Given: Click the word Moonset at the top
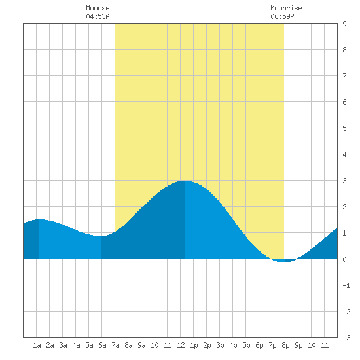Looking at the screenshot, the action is (x=99, y=8).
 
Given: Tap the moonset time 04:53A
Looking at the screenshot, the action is (x=98, y=16).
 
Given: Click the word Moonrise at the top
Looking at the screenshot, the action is (x=286, y=8).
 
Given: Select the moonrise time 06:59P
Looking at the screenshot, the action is (x=282, y=16).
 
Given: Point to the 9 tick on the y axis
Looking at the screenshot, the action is (x=344, y=24).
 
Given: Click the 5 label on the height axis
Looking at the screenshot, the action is (x=344, y=128).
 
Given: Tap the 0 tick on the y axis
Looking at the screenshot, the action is (x=344, y=259).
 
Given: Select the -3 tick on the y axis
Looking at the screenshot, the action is (x=346, y=338).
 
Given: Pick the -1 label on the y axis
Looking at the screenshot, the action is (x=346, y=285).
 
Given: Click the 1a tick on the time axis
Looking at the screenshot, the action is (x=37, y=345).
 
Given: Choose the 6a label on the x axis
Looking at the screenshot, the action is (x=102, y=345).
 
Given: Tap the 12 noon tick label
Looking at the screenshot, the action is (x=181, y=345).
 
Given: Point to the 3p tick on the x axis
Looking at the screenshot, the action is (x=220, y=345).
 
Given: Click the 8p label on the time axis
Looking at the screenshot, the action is (x=285, y=345).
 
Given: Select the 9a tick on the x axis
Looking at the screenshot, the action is (x=141, y=345).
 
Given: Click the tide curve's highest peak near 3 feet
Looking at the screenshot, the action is (x=185, y=181).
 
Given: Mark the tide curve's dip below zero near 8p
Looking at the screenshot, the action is (x=284, y=262).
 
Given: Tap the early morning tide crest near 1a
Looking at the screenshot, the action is (x=39, y=219).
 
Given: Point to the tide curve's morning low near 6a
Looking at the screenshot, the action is (x=101, y=236).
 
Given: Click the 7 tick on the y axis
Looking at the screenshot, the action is (x=344, y=76).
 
